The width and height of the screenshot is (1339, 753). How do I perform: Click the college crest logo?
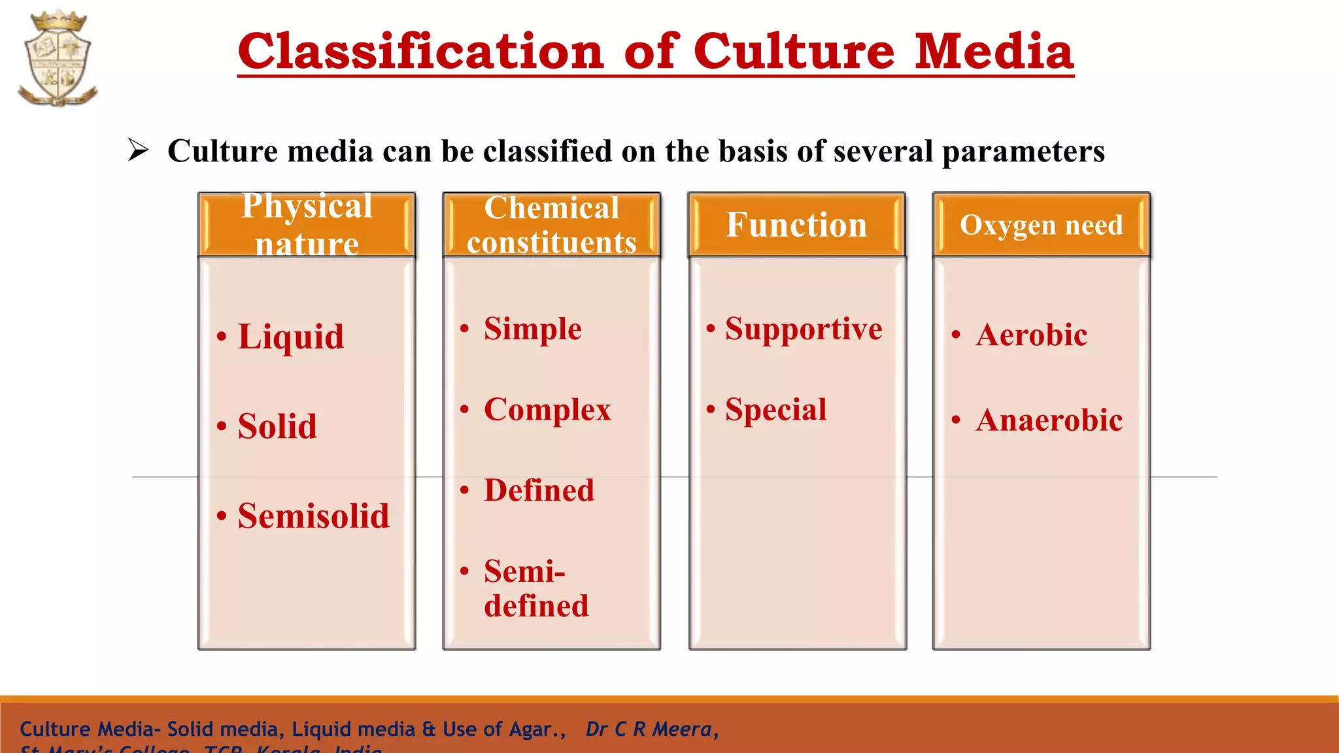(58, 59)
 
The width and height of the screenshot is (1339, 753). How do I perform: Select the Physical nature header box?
(307, 224)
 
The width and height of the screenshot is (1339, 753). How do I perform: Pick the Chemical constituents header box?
(551, 224)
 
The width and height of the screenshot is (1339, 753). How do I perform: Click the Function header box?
(796, 224)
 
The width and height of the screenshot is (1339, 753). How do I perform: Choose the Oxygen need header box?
(1041, 224)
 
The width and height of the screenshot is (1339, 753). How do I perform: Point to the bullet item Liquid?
(290, 337)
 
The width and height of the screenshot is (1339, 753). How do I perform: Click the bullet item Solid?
(277, 426)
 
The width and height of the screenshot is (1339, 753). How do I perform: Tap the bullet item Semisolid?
(313, 516)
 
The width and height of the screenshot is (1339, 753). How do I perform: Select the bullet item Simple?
(532, 328)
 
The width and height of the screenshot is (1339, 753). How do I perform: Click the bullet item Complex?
(547, 410)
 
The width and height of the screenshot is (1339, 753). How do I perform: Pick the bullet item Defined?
(539, 490)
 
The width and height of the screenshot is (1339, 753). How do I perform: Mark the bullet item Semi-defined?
(536, 588)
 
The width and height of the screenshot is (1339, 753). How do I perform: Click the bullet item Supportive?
(803, 328)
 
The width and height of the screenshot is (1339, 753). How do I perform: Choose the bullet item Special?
(775, 410)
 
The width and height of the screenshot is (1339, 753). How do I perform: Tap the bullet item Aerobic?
(1031, 335)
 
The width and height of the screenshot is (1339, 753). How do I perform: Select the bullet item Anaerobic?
(1049, 420)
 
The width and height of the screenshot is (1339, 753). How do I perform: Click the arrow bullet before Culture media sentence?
(138, 150)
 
